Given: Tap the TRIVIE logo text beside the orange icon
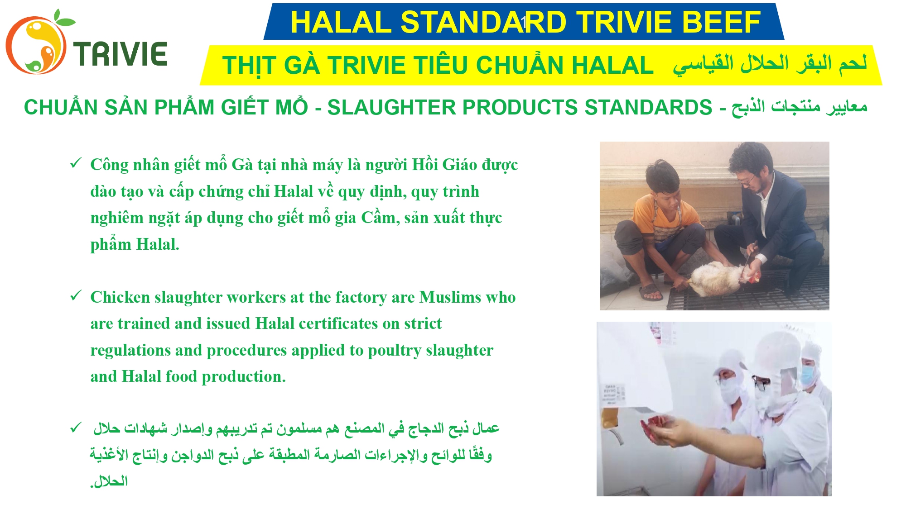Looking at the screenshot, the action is tap(120, 54).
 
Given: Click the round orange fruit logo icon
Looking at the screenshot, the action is tap(36, 44).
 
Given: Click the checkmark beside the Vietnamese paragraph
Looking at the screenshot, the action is tap(76, 163).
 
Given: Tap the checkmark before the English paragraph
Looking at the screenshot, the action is tap(76, 296).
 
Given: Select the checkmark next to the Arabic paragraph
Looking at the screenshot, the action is tap(76, 428).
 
